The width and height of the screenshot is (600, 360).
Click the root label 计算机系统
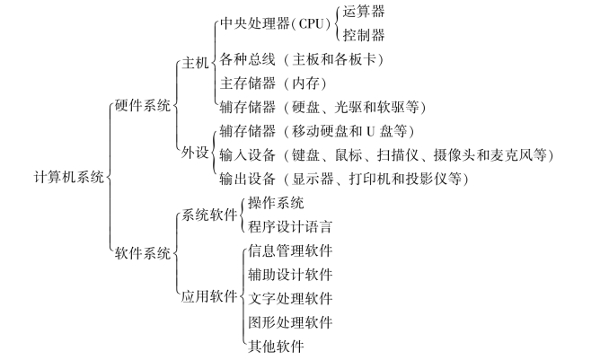tap(69, 177)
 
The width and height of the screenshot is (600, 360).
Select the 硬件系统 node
tap(143, 106)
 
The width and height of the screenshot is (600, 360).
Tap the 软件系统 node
tap(143, 253)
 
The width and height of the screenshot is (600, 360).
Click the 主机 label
tap(195, 63)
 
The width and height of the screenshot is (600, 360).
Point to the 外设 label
tap(195, 153)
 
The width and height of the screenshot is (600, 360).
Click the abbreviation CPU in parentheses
tap(311, 23)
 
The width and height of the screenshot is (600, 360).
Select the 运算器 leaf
tap(364, 12)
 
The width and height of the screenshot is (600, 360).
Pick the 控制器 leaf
tap(364, 35)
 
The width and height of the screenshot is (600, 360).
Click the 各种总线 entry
tap(247, 59)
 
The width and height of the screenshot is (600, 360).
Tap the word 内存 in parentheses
tap(305, 83)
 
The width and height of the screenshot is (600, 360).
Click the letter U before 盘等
tap(370, 131)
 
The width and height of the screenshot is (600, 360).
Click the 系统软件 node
tap(209, 215)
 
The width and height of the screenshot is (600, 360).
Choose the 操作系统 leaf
tap(276, 203)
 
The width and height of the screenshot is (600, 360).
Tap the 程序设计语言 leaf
tap(290, 226)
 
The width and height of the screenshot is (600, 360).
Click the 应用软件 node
tap(209, 296)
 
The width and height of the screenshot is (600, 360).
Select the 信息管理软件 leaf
tap(290, 250)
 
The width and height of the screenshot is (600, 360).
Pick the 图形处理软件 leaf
tap(290, 322)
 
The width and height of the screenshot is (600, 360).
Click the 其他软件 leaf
tap(276, 346)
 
